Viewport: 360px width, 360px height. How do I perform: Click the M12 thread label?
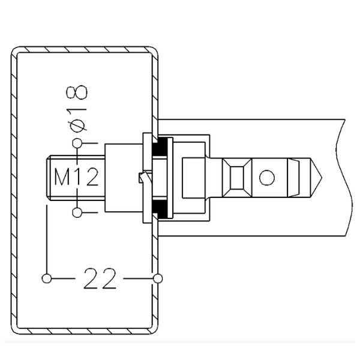[76, 178]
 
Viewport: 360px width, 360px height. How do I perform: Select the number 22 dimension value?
[100, 280]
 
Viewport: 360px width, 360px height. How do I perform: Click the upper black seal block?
[160, 148]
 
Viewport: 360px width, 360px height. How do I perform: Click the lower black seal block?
[160, 208]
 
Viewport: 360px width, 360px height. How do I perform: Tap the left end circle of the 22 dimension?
[46, 278]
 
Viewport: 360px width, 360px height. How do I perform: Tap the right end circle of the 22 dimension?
[157, 278]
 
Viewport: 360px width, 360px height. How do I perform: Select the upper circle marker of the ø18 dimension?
[77, 143]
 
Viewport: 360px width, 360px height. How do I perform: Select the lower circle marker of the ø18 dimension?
[77, 212]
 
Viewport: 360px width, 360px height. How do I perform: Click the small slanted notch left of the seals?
[142, 178]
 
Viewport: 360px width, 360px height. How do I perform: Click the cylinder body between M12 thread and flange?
[123, 178]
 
